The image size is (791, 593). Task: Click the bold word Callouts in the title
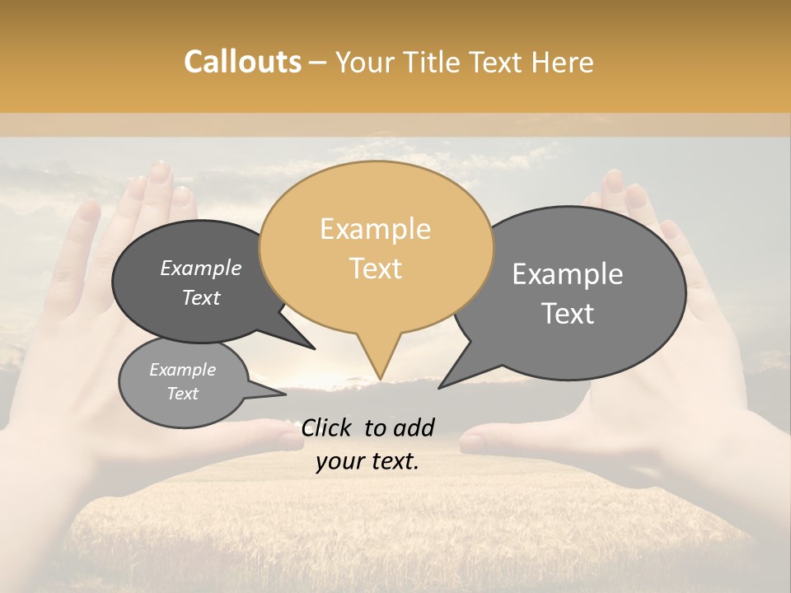pyautogui.click(x=242, y=62)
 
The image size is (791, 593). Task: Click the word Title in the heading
pyautogui.click(x=433, y=62)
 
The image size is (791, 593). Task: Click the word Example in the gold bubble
pyautogui.click(x=376, y=229)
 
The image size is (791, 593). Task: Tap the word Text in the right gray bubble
pyautogui.click(x=568, y=314)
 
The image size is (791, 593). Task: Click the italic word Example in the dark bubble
pyautogui.click(x=200, y=268)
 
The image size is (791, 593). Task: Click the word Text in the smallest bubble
pyautogui.click(x=182, y=394)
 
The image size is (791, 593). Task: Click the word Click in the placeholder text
pyautogui.click(x=327, y=427)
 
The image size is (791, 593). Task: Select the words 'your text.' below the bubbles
pyautogui.click(x=367, y=461)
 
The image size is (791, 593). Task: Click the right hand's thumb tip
pyautogui.click(x=470, y=442)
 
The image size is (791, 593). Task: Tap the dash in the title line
pyautogui.click(x=319, y=63)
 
